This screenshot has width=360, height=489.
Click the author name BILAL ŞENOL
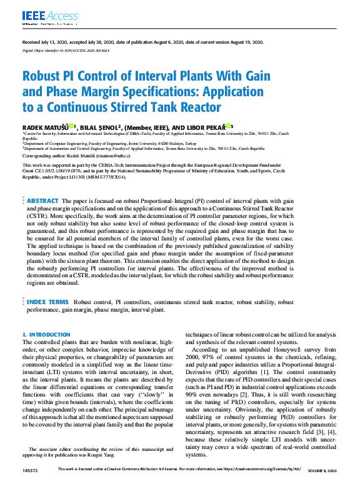[100, 126]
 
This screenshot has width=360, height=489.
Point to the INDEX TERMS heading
[47, 302]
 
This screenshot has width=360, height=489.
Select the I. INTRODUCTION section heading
[46, 335]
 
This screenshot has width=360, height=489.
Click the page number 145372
[29, 485]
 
